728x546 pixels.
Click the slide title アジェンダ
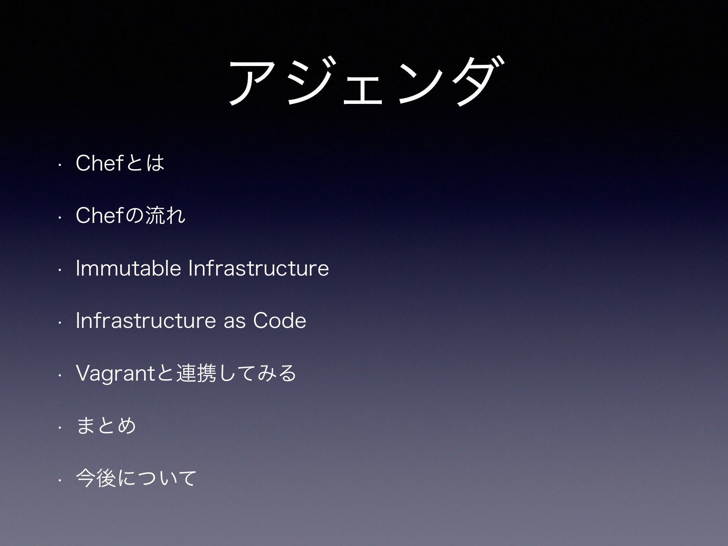click(x=367, y=81)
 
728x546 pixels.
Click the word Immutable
click(x=129, y=268)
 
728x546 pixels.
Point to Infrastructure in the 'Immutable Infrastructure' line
click(x=259, y=268)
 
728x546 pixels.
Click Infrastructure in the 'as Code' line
click(x=146, y=320)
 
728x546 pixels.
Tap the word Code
click(x=279, y=320)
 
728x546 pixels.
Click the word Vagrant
click(x=116, y=373)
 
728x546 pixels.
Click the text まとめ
click(x=106, y=425)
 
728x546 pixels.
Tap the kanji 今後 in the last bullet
click(x=96, y=477)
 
